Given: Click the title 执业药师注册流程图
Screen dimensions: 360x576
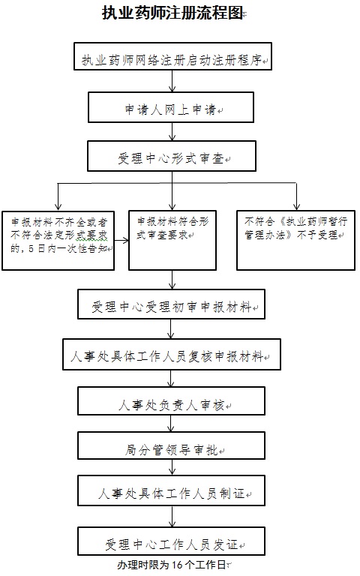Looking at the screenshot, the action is (172, 13).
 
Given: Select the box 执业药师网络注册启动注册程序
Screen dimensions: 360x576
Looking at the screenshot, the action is (172, 56).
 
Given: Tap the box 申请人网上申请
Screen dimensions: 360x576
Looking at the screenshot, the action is (171, 107).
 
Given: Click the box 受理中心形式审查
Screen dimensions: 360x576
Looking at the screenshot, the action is (172, 157).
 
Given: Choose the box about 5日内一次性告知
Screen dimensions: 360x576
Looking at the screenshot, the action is (58, 241).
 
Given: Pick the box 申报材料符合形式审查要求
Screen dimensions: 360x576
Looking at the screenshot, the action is (172, 240).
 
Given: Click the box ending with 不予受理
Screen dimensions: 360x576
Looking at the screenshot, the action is (295, 240).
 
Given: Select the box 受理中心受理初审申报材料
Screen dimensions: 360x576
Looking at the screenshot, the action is (171, 304).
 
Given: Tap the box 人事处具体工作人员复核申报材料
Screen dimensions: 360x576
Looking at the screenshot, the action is (172, 354).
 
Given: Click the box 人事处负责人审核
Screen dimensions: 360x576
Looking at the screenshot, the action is (171, 400).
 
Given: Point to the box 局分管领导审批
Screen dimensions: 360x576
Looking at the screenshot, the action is (171, 445).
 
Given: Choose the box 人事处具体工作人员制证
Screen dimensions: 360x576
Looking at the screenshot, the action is (171, 490).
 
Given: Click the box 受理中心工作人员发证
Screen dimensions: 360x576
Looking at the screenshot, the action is (171, 541).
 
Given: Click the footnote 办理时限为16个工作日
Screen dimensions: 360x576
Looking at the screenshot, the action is (172, 565).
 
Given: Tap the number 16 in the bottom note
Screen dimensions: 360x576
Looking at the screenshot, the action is (177, 565).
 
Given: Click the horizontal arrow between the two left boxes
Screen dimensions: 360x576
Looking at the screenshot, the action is (121, 241).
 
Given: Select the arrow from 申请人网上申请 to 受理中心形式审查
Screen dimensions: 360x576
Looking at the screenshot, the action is (172, 132).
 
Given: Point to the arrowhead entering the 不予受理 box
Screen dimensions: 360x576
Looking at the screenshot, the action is (296, 207).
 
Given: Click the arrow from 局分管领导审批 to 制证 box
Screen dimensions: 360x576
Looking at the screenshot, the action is (172, 467).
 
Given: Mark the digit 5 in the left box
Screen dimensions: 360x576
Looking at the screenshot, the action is (31, 249).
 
